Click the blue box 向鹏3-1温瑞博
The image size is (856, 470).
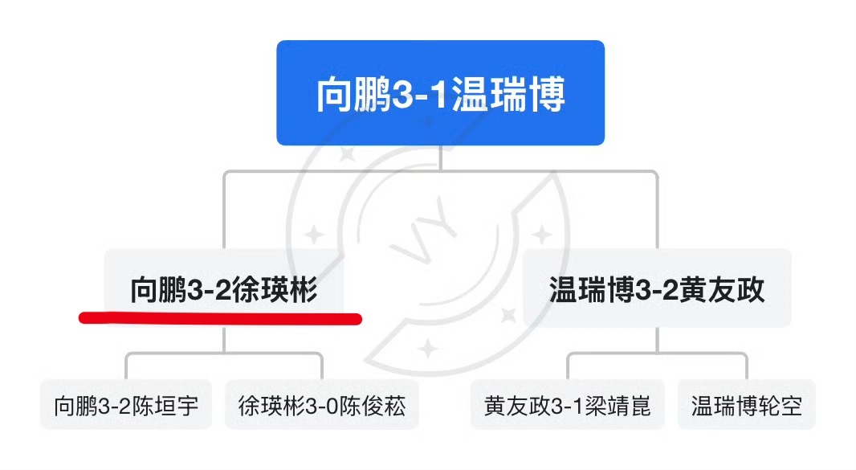(x=440, y=92)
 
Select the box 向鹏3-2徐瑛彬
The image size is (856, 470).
(x=224, y=289)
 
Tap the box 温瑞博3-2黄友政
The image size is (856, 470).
(x=657, y=289)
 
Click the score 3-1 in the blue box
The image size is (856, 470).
(x=422, y=95)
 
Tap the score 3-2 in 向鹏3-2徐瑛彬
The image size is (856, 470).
(x=208, y=290)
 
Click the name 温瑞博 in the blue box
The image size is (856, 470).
(x=508, y=95)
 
